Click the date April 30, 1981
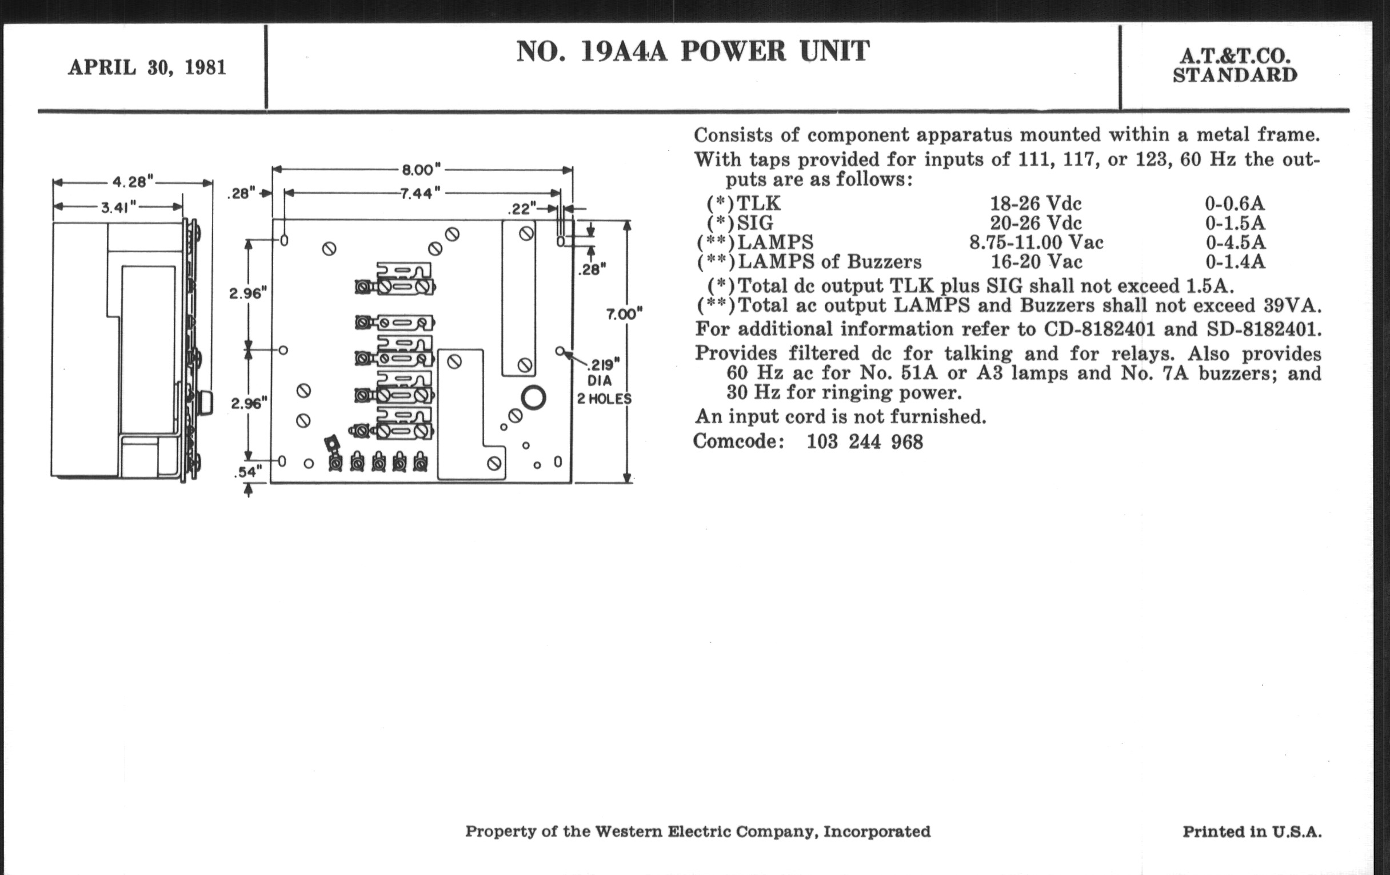click(x=147, y=67)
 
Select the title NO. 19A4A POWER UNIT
click(x=693, y=51)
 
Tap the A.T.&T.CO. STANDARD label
click(x=1235, y=65)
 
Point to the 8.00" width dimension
click(x=421, y=170)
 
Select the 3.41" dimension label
click(x=118, y=207)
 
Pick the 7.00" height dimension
click(x=624, y=314)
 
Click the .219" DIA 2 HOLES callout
click(x=604, y=381)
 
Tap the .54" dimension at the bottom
click(x=247, y=472)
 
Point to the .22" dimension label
click(x=522, y=209)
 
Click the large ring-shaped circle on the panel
click(x=533, y=398)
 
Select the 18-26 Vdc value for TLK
click(x=1036, y=203)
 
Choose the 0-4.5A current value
click(x=1235, y=242)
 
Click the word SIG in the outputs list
click(x=755, y=223)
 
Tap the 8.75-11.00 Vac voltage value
click(x=1036, y=242)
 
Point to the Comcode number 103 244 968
click(x=865, y=442)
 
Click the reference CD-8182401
click(x=1100, y=329)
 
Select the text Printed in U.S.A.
click(x=1252, y=832)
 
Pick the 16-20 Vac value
click(x=1036, y=261)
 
